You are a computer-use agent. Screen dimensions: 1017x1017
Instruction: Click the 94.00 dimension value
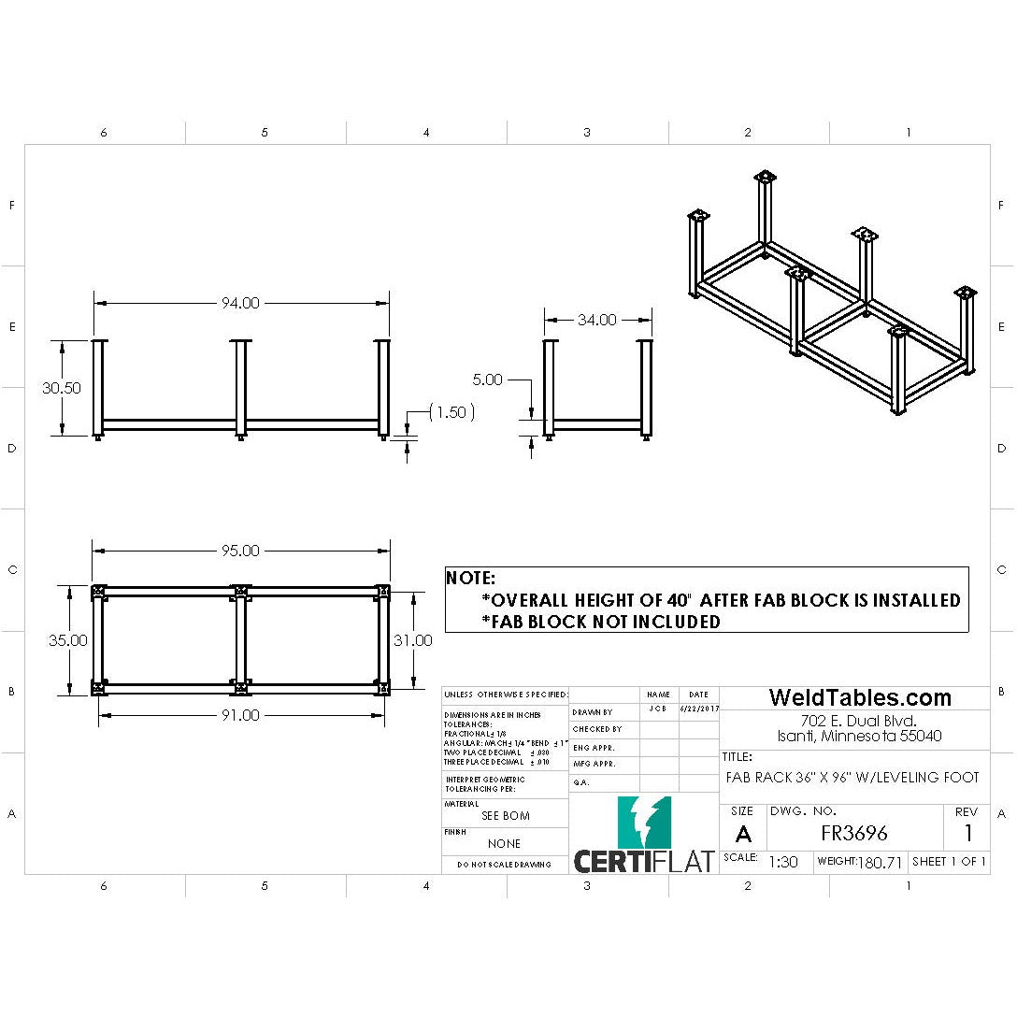pos(240,303)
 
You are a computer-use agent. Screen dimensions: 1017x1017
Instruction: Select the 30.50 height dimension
pos(61,388)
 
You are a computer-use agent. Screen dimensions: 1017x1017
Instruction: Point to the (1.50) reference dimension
pos(451,412)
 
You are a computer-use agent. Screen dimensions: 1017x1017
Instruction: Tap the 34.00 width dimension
pos(596,320)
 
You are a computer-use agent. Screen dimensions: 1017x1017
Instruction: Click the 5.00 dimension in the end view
pos(487,380)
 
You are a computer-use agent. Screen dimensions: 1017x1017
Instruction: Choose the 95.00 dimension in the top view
pos(240,551)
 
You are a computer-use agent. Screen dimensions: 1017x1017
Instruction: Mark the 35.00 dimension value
pos(68,640)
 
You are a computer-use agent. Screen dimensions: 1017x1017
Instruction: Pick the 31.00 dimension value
pos(413,640)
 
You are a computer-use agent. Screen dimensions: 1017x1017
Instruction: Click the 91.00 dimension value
pos(240,715)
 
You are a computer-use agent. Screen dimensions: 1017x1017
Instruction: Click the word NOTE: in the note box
pos(471,578)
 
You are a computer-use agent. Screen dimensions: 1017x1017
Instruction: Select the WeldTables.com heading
pos(860,697)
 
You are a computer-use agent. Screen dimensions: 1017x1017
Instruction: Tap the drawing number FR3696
pos(854,833)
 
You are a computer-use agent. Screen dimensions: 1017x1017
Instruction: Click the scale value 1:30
pos(782,862)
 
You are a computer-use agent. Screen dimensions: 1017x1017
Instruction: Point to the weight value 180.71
pos(881,862)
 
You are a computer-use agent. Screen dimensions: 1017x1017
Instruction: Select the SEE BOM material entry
pos(505,815)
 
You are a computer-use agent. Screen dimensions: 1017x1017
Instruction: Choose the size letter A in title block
pos(743,835)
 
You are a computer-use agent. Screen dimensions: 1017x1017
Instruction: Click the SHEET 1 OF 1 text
pos(949,861)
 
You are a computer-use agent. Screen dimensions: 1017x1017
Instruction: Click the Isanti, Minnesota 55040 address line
pos(859,736)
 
